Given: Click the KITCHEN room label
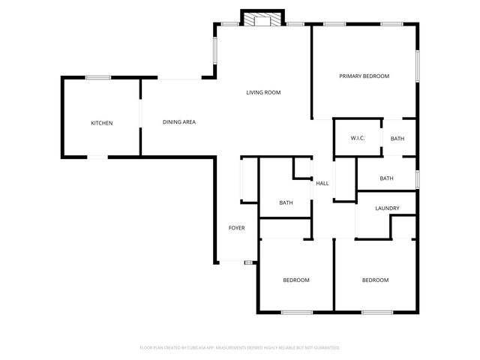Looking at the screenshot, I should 102,123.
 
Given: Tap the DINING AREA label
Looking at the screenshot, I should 179,121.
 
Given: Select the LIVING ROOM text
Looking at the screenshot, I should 263,92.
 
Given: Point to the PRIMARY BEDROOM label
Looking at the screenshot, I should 364,76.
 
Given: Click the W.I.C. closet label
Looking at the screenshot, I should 357,139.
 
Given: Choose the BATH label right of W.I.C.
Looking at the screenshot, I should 397,139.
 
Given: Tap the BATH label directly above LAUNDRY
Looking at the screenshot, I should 386,178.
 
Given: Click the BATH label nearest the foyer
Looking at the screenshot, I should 286,202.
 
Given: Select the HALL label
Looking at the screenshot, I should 322,183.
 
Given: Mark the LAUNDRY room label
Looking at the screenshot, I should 386,208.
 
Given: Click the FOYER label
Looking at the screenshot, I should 237,228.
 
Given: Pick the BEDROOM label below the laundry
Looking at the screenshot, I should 375,280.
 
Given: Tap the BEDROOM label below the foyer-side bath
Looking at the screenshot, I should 295,280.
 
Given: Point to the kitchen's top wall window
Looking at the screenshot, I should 98,77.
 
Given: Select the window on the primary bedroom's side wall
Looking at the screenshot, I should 417,65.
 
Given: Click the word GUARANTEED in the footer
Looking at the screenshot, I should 323,348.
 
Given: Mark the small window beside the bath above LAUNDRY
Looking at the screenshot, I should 417,179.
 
